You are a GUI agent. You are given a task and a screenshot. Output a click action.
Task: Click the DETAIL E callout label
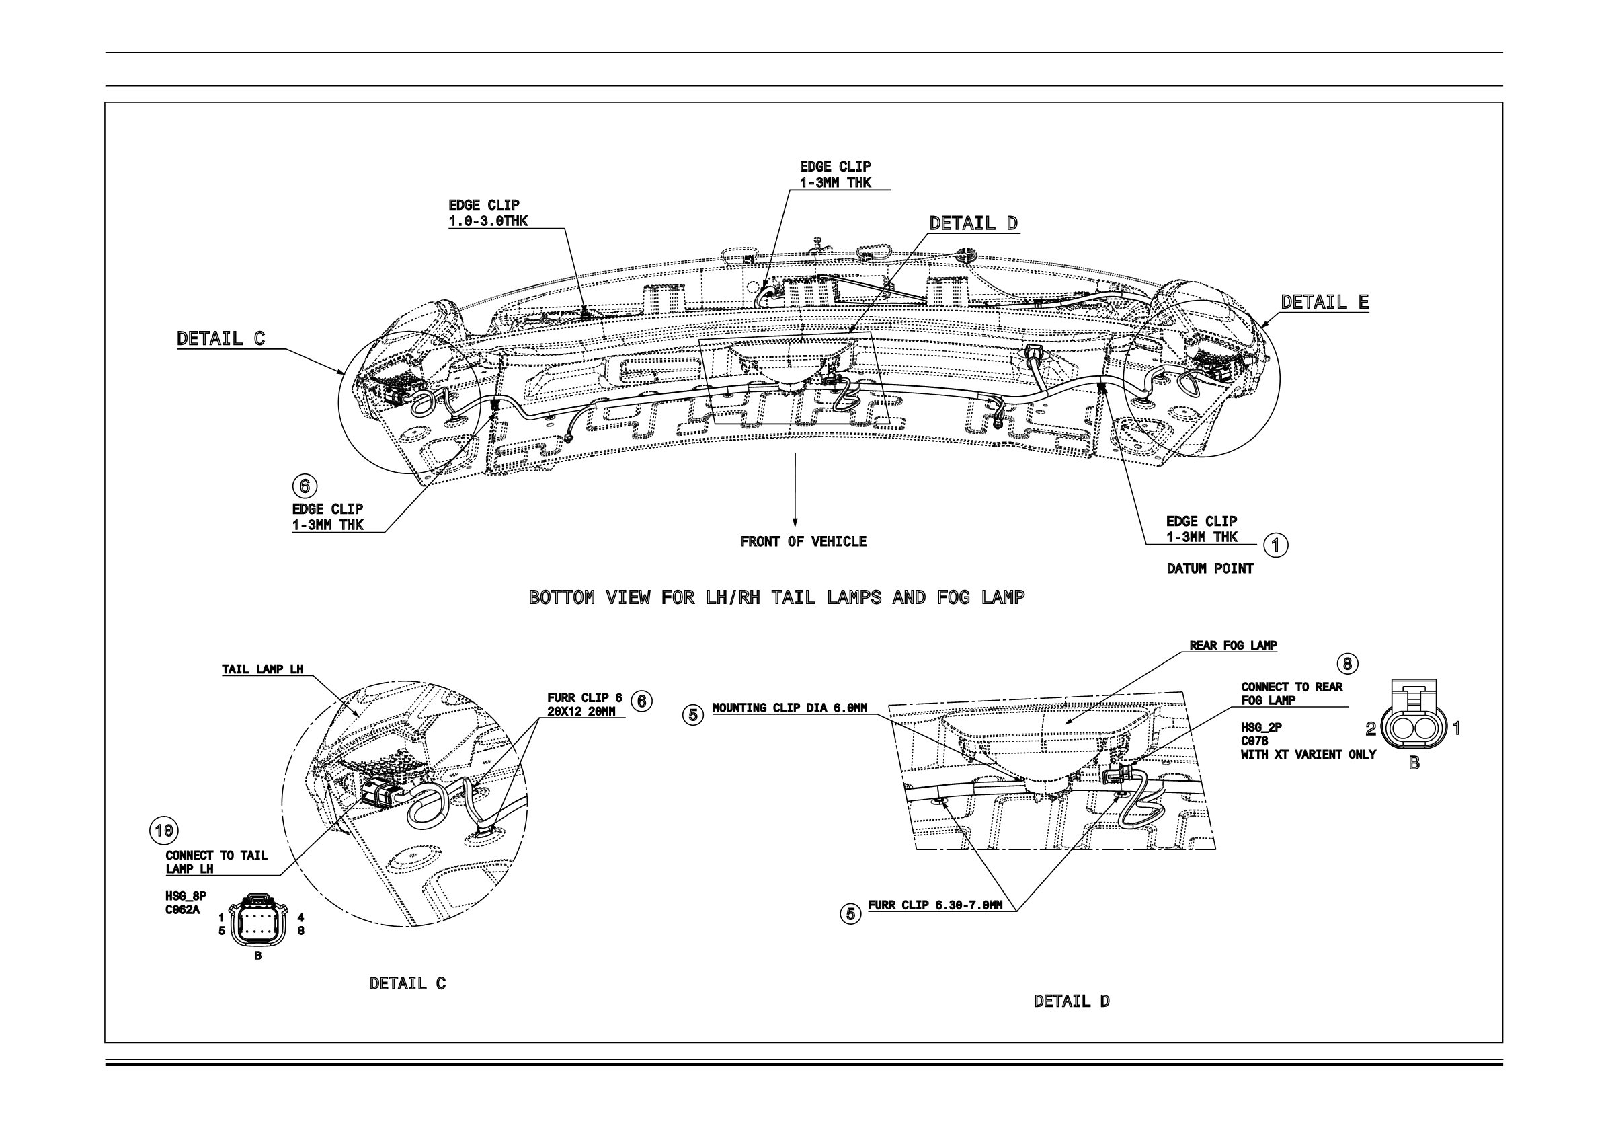(x=1324, y=302)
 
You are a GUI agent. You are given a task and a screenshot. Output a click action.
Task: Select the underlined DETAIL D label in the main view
(x=973, y=223)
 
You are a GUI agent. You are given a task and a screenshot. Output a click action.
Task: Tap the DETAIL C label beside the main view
(x=220, y=338)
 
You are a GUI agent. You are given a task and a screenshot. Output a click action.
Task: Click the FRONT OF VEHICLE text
(x=803, y=541)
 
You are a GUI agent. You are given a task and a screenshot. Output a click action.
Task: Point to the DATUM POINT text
(x=1209, y=568)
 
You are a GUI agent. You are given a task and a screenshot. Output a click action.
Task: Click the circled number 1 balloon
(x=1275, y=545)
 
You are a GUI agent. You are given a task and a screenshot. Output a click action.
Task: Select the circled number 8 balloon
(x=1346, y=664)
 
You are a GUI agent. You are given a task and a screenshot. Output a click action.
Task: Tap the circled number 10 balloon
(x=164, y=831)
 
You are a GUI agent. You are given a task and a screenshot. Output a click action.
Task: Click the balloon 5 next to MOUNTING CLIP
(x=692, y=716)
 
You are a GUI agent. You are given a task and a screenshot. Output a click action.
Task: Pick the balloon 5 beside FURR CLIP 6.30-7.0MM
(x=850, y=914)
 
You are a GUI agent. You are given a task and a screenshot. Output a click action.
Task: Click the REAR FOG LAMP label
(x=1233, y=646)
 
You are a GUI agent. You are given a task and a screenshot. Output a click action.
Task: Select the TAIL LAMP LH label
(x=263, y=669)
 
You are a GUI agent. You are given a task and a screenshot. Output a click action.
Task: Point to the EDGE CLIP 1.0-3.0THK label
(x=488, y=213)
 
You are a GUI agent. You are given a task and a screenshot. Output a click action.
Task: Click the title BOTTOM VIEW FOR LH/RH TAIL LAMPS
(x=776, y=598)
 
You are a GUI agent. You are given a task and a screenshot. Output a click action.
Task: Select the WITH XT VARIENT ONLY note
(x=1308, y=755)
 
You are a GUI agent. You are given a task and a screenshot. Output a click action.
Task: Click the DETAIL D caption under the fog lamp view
(x=1072, y=1001)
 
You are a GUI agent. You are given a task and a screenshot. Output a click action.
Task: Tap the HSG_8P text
(x=186, y=897)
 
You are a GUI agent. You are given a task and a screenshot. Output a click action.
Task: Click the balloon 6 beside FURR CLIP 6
(x=641, y=701)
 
